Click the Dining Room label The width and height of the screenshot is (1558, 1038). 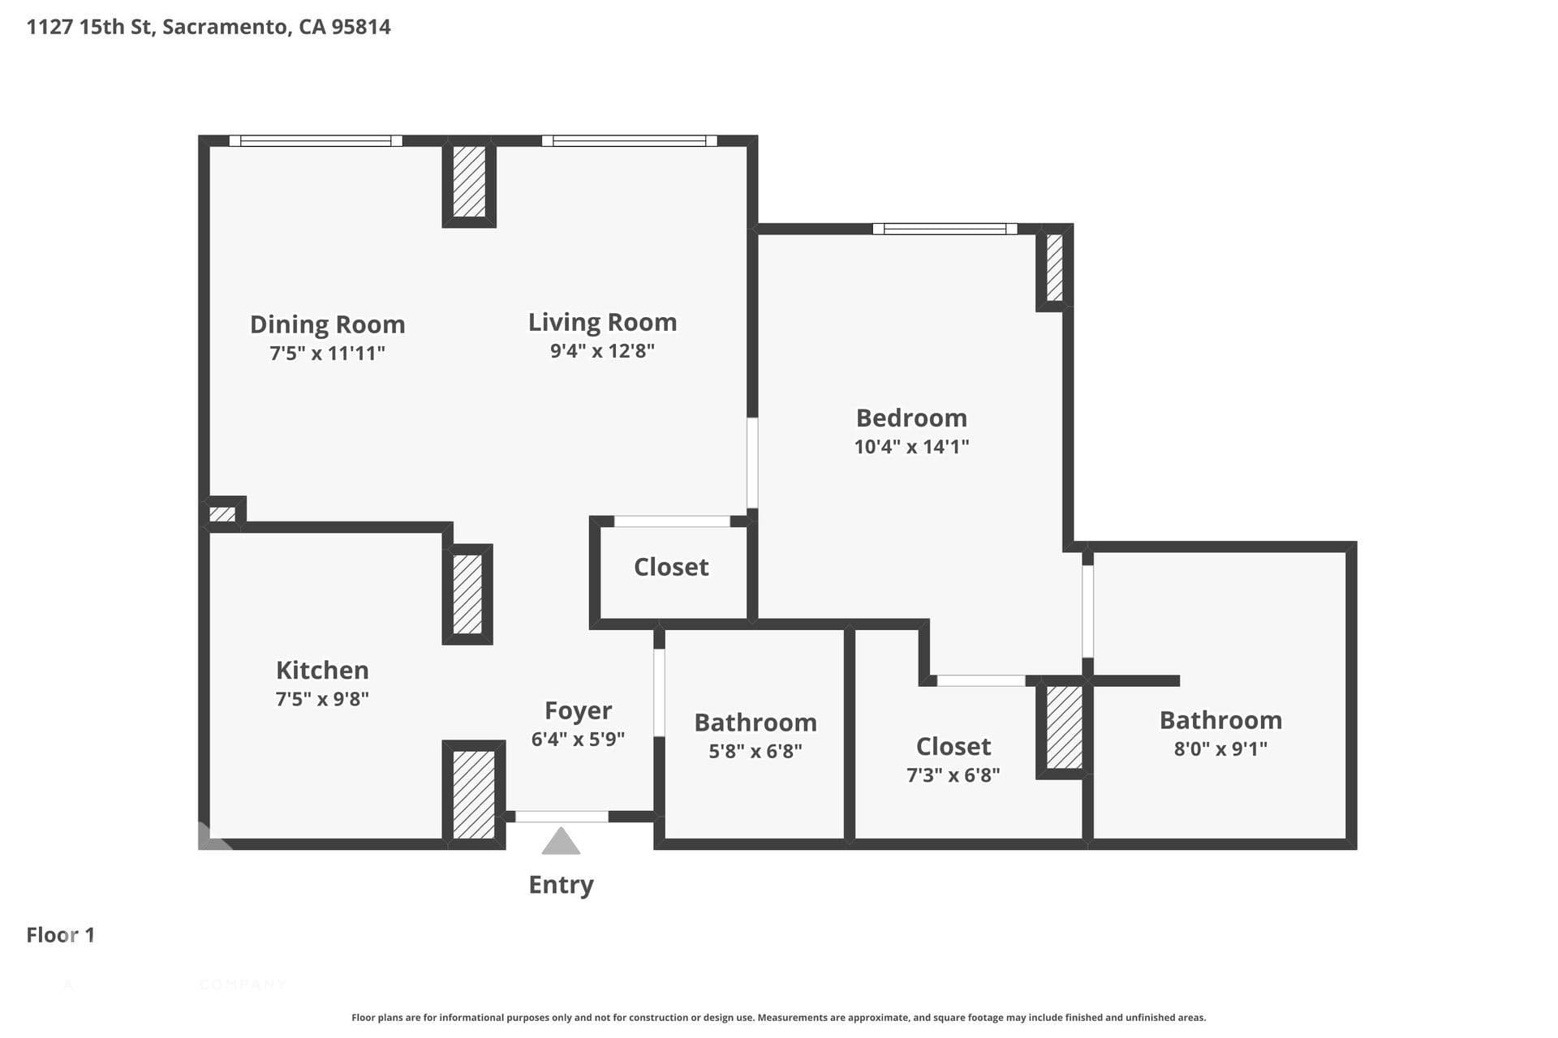(x=327, y=324)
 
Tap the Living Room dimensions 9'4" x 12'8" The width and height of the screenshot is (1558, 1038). (x=602, y=351)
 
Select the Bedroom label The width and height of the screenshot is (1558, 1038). (x=911, y=418)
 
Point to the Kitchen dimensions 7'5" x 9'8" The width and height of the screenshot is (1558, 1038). (x=322, y=699)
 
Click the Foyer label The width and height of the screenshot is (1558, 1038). (x=578, y=711)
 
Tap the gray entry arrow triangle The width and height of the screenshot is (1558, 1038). (x=561, y=841)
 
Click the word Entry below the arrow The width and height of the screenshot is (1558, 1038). (x=561, y=885)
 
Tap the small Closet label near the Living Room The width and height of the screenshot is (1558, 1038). (x=671, y=567)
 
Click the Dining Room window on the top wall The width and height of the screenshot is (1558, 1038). (x=316, y=141)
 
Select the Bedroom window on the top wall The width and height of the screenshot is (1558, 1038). (x=945, y=229)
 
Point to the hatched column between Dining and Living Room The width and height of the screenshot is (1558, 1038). (x=469, y=182)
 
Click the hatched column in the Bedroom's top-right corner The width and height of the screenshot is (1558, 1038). (x=1055, y=268)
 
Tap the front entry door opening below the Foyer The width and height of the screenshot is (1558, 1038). (x=562, y=817)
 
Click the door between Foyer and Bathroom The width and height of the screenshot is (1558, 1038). (x=659, y=693)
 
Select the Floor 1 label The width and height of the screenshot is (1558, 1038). (x=61, y=935)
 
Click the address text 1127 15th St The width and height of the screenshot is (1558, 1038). (x=90, y=27)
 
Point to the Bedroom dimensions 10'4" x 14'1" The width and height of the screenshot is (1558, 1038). (x=911, y=447)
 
